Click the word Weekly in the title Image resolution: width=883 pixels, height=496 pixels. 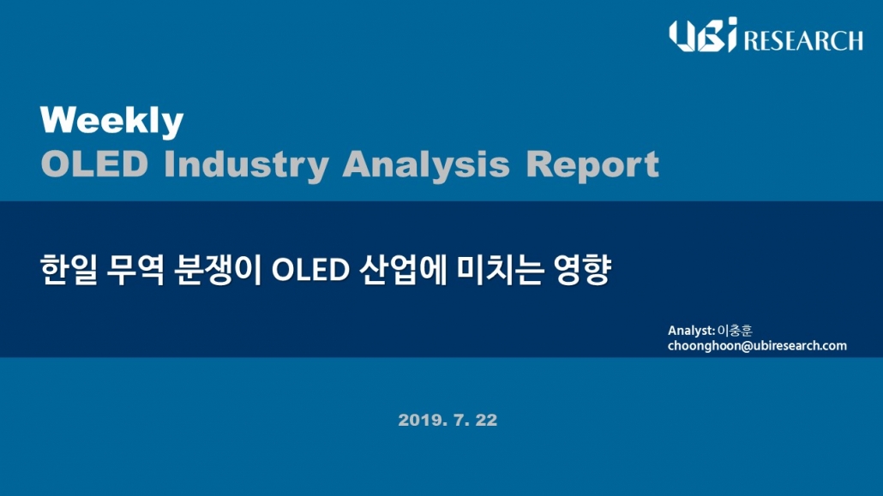point(111,121)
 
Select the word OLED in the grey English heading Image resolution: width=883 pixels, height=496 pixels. point(94,164)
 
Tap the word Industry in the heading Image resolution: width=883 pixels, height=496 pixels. point(246,165)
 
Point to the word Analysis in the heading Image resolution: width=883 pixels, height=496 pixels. point(426,165)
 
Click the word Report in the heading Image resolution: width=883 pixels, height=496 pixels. point(592,165)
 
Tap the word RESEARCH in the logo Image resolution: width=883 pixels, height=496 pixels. point(803,40)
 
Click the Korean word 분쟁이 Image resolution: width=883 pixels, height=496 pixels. point(218,270)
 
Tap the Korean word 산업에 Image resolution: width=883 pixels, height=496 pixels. point(403,270)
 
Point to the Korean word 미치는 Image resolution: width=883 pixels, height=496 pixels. point(500,270)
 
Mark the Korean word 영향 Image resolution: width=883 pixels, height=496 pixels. point(582,270)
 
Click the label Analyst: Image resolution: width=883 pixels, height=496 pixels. point(692,331)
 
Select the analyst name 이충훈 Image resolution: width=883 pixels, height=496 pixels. point(735,331)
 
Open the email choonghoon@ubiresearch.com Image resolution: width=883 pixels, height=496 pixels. point(758,346)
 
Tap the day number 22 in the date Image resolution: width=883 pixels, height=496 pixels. point(487,420)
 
